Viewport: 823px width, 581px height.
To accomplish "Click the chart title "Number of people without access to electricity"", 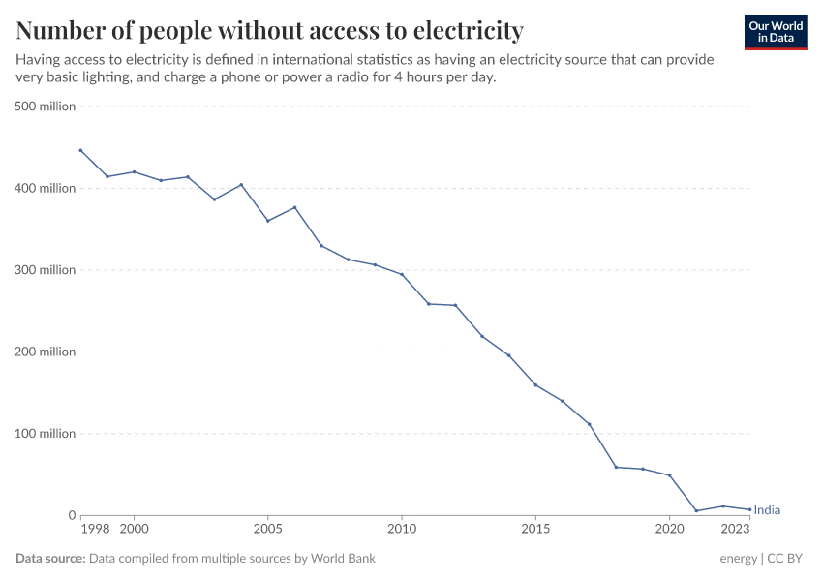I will pos(270,31).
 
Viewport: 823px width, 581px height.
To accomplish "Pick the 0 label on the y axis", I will pos(71,516).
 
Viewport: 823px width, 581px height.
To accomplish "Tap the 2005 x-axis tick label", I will pos(267,529).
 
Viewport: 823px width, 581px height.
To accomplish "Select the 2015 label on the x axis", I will pos(535,529).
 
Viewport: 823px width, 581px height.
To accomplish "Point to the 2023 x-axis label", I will pos(736,529).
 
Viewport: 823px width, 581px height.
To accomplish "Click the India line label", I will pos(767,510).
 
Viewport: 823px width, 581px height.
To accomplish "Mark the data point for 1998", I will pos(80,150).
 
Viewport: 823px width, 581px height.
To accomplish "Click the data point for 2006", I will pos(294,207).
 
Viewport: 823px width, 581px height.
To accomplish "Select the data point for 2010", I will pos(402,274).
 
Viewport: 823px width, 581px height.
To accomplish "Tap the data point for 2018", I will pos(616,467).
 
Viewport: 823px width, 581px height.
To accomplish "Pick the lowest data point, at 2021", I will pos(696,511).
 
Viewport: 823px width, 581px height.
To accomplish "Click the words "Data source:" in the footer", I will pos(50,559).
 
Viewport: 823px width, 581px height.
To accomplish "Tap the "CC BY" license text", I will pos(786,559).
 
